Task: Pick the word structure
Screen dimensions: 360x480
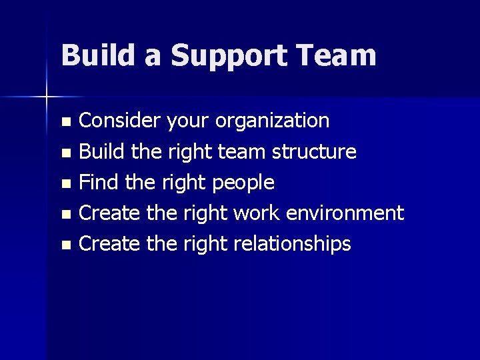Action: coord(314,152)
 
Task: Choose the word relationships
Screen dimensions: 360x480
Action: coord(292,244)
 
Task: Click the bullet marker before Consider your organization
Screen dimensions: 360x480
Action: coord(65,122)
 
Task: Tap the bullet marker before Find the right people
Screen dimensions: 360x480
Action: coord(65,183)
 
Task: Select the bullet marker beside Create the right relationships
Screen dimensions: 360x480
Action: coord(65,245)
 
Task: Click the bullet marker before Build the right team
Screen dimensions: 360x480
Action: coord(65,153)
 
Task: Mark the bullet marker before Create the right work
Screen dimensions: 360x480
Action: coord(65,214)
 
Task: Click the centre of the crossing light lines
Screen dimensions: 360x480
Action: coord(47,98)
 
